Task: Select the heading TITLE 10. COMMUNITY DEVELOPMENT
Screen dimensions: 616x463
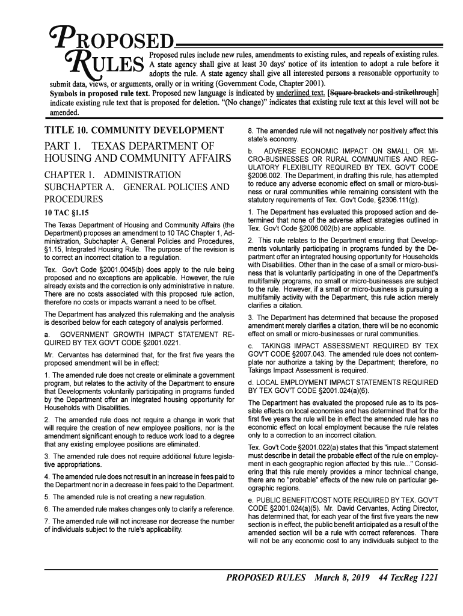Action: tap(134, 129)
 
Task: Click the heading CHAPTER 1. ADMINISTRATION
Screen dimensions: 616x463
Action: tap(112, 174)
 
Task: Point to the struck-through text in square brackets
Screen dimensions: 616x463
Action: tap(383, 93)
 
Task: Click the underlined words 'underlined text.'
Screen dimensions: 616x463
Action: tap(300, 93)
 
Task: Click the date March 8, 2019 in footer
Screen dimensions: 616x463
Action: tap(340, 579)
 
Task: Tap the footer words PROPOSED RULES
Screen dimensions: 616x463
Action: tap(266, 579)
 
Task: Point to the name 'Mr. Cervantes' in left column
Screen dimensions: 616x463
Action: tap(67, 355)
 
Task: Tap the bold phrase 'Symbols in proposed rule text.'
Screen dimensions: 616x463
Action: tap(100, 93)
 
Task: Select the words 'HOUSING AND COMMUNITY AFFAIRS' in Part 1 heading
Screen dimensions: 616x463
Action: tap(138, 159)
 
